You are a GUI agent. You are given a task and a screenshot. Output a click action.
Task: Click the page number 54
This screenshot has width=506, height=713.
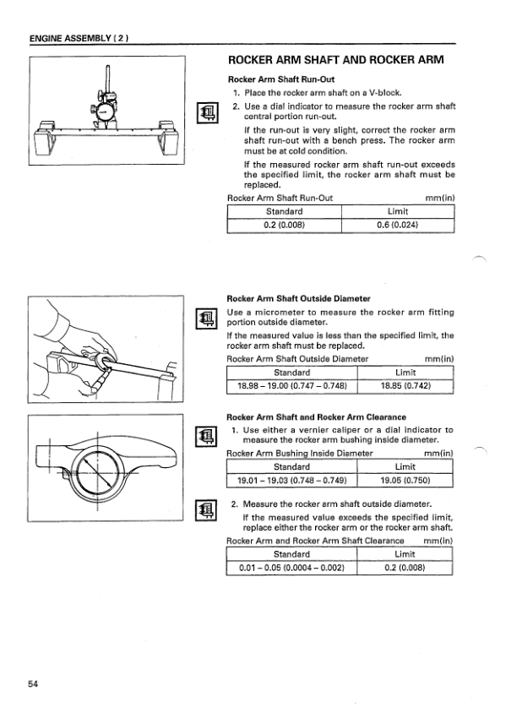[x=33, y=683]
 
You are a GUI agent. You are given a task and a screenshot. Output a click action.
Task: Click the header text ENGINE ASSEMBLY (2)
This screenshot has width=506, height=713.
[x=79, y=38]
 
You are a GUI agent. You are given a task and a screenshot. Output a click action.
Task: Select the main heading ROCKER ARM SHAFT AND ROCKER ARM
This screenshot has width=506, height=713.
[x=335, y=60]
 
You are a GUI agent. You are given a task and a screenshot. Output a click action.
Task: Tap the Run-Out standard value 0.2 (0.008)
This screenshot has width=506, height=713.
[x=284, y=225]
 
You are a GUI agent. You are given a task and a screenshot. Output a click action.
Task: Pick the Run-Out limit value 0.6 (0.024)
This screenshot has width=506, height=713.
[x=397, y=225]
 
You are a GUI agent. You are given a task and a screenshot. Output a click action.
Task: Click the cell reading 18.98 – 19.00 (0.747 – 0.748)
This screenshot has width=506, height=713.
[x=292, y=386]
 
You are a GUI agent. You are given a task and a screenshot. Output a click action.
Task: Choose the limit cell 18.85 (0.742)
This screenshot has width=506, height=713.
[x=405, y=386]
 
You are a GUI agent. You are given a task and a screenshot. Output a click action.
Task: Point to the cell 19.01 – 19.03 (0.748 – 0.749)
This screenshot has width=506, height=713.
[x=292, y=480]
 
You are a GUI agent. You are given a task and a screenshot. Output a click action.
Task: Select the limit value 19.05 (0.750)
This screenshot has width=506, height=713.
[x=405, y=480]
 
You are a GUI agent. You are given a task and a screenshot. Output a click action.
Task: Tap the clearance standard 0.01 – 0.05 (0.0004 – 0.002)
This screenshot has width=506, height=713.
[x=291, y=568]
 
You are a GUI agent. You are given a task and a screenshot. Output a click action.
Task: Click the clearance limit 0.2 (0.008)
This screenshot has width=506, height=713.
[x=405, y=568]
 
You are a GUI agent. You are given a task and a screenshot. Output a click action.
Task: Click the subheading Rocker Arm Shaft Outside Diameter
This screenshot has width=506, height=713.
[x=298, y=299]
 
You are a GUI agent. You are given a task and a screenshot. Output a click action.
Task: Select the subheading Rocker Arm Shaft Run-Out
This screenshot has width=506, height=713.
[x=281, y=79]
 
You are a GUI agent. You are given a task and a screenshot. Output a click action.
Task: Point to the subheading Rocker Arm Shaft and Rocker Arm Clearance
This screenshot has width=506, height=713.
[x=317, y=417]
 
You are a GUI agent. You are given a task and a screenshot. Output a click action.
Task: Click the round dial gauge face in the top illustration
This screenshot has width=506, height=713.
[x=104, y=112]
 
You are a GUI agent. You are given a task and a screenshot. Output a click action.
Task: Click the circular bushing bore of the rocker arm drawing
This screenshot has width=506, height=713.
[x=97, y=471]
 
